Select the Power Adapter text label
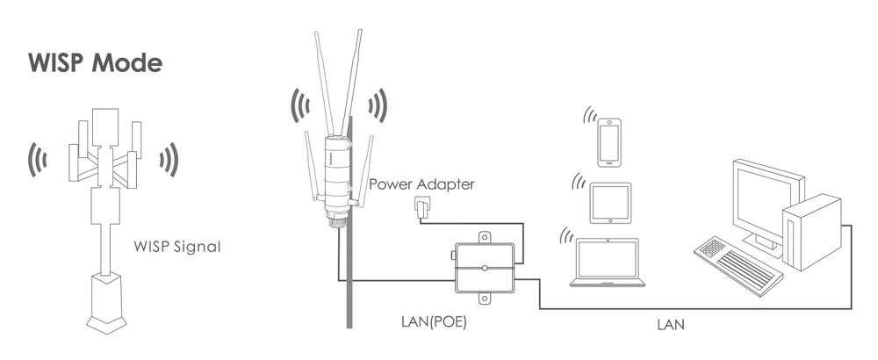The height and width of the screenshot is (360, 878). click(421, 184)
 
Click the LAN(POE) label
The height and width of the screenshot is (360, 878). click(428, 322)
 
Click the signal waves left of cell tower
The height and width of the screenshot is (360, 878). click(38, 158)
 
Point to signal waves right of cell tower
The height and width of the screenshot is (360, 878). click(169, 158)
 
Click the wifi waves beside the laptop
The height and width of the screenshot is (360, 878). click(568, 236)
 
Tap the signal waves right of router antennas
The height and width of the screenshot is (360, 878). click(378, 106)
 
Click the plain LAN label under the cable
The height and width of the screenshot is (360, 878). click(671, 324)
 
